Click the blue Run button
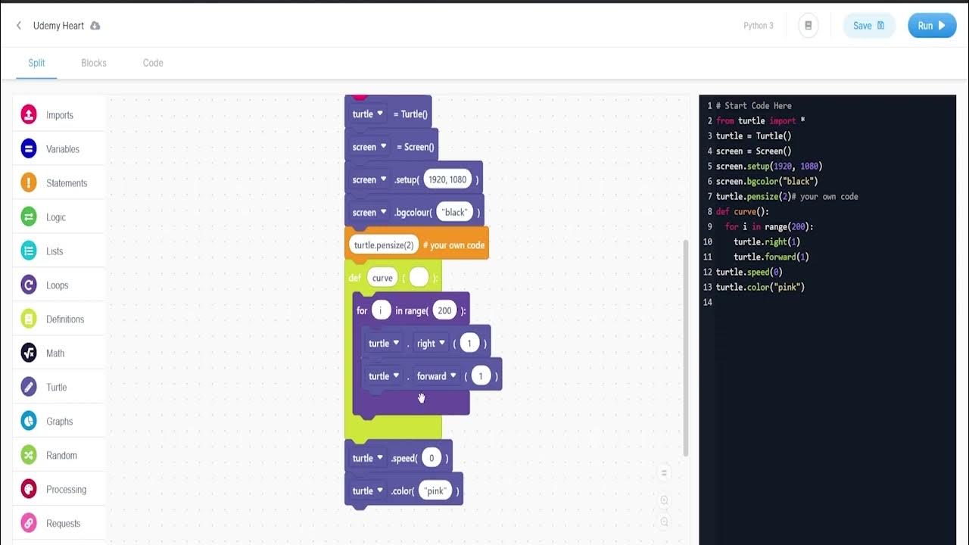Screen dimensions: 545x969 pos(932,26)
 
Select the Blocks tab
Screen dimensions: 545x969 pos(94,63)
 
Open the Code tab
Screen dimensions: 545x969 pos(153,63)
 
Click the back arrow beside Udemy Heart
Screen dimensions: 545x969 pos(19,26)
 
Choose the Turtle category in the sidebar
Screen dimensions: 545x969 pos(56,388)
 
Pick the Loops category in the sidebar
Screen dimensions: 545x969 pos(57,285)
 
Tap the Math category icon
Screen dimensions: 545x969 pos(29,353)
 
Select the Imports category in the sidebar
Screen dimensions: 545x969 pos(59,115)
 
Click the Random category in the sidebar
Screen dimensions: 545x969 pos(61,456)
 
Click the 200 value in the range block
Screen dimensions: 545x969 pos(444,310)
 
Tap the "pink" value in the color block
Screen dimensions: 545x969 pos(435,490)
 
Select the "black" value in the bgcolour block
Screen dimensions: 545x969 pos(455,212)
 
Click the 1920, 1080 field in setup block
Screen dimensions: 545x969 pos(447,179)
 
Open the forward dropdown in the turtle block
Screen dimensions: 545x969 pos(437,376)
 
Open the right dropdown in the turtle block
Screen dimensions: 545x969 pos(431,344)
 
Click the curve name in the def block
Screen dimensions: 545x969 pos(382,278)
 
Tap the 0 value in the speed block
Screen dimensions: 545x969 pos(432,458)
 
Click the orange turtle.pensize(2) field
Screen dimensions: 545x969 pos(384,245)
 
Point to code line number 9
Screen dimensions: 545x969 pos(709,226)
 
